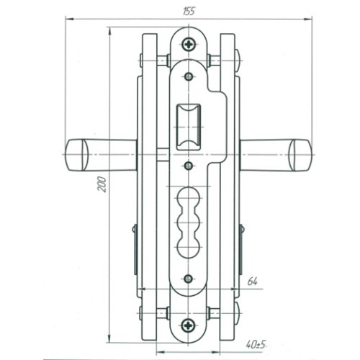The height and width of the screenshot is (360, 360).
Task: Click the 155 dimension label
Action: [x=189, y=12]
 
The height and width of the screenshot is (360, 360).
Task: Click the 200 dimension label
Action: [x=102, y=184]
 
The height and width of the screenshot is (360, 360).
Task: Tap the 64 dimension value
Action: [x=252, y=282]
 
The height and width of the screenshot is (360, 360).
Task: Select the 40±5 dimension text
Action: [x=256, y=345]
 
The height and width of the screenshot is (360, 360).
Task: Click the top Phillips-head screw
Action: [x=189, y=44]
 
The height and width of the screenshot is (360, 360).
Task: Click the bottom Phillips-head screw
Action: [x=188, y=325]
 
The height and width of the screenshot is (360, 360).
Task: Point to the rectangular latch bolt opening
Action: [x=189, y=127]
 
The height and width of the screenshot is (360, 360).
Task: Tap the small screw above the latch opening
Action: [x=189, y=76]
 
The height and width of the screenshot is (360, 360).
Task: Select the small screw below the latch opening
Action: [x=189, y=166]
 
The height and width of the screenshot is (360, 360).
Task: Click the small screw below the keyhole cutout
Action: [x=188, y=279]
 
